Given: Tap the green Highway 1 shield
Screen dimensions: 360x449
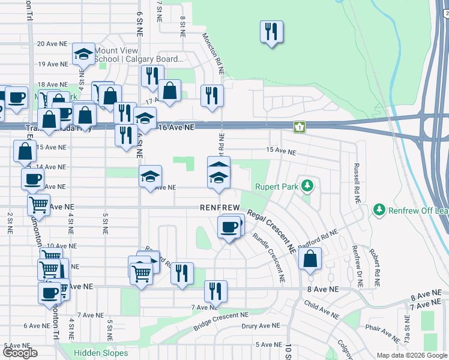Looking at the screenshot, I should point(298,127).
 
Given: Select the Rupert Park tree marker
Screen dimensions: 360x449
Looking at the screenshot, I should point(307,186).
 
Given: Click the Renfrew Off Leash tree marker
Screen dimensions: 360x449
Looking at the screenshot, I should point(379,209).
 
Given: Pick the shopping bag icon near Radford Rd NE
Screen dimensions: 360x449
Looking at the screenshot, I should point(310,259).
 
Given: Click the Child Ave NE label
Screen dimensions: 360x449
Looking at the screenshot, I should point(321,310).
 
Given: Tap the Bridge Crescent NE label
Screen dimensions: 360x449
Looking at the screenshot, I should point(220,321).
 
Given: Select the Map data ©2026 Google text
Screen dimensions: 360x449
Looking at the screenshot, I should point(411,355).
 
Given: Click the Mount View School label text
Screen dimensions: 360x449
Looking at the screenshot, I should point(139,55).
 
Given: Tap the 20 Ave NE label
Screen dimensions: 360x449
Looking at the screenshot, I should point(52,44).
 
